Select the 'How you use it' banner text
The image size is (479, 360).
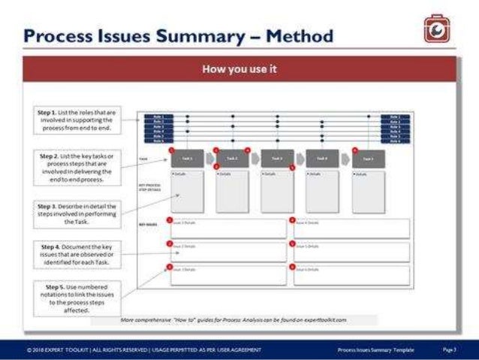[239, 69]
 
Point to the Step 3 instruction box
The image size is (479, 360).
[75, 213]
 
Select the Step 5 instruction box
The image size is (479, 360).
[75, 298]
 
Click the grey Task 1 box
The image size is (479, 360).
[186, 159]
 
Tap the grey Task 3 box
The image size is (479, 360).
[277, 159]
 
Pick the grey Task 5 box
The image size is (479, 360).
[368, 159]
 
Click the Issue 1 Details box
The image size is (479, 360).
[227, 228]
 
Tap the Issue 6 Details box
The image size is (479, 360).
[351, 275]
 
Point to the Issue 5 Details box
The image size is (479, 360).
[351, 252]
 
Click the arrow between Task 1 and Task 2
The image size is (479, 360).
[209, 159]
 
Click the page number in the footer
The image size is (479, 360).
[450, 350]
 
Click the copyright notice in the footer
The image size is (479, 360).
[143, 350]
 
